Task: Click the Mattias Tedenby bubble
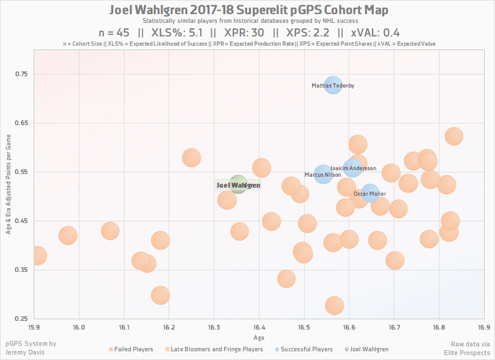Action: (333, 85)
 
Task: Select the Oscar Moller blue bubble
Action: (370, 193)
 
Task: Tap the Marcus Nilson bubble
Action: (323, 175)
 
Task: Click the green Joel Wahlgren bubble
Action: (238, 185)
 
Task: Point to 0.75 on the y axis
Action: (21, 74)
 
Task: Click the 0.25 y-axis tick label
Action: (21, 319)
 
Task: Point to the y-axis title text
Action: (9, 185)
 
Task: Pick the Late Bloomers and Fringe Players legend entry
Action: (217, 349)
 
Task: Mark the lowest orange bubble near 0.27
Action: (335, 306)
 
